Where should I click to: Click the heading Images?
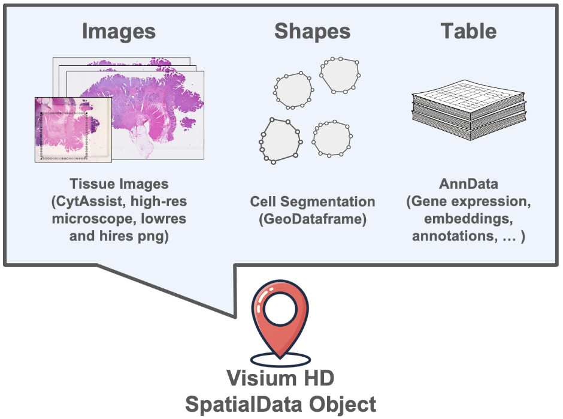pyautogui.click(x=119, y=32)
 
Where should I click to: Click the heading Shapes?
pyautogui.click(x=313, y=32)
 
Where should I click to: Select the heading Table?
pyautogui.click(x=468, y=31)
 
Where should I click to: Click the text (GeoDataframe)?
pyautogui.click(x=313, y=219)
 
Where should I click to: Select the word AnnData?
pyautogui.click(x=468, y=184)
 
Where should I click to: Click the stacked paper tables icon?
pyautogui.click(x=469, y=110)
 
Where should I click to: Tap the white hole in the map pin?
pyautogui.click(x=280, y=309)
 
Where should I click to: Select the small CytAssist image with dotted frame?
pyautogui.click(x=73, y=129)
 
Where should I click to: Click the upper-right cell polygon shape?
pyautogui.click(x=340, y=75)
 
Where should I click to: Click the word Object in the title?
pyautogui.click(x=343, y=405)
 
